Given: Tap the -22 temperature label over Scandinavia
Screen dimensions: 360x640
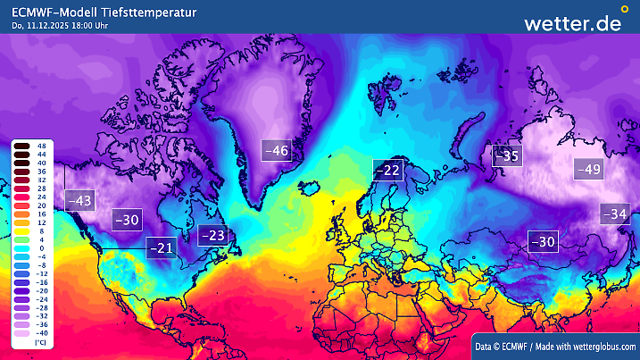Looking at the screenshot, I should tap(387, 169).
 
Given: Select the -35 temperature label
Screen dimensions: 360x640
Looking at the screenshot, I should tap(507, 155).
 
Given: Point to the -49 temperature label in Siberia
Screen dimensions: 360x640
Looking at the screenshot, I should tap(589, 168).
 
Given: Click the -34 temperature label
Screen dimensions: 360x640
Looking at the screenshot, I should tap(615, 213).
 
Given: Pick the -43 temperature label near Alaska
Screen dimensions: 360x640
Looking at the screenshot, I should tap(79, 201).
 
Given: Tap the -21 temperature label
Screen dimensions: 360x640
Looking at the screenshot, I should tap(161, 247).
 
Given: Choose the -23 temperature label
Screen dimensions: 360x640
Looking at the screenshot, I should tap(212, 235).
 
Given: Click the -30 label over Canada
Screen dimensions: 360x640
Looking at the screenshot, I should tap(128, 220).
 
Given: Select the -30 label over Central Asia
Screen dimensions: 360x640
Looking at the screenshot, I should tap(543, 241).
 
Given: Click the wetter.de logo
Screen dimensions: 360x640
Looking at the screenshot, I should tap(572, 23).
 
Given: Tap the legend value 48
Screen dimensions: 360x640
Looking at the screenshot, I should tap(41, 145).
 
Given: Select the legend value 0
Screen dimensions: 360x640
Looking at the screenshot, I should tap(41, 247).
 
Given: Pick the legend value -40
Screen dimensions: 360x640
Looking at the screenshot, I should tap(41, 333).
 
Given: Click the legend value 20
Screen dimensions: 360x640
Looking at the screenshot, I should tap(41, 205).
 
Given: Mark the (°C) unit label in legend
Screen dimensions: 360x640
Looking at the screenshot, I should tap(41, 342).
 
